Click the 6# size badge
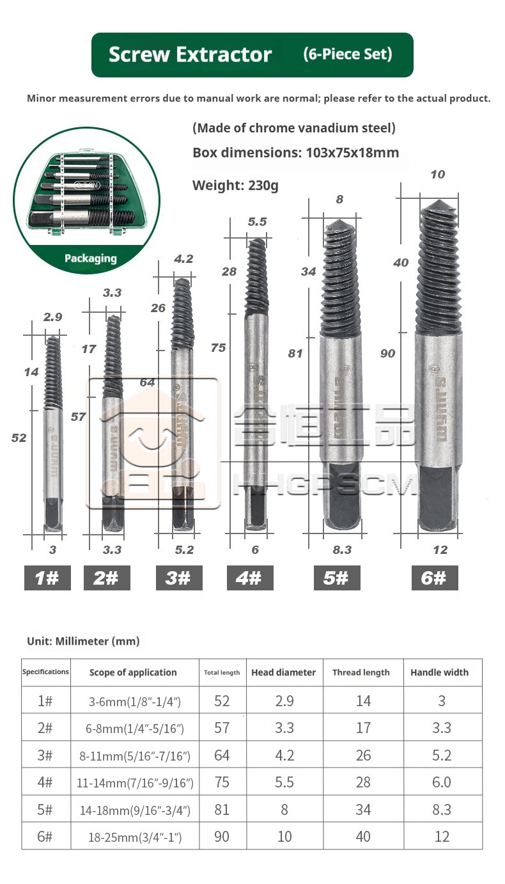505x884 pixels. pos(435,578)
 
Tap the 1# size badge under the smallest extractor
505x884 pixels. pos(47,578)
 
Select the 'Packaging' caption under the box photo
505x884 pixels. pos(91,258)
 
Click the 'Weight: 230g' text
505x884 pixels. pos(235,185)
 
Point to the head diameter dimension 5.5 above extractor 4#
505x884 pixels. pos(257,222)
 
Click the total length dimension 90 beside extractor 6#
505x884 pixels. pos(388,354)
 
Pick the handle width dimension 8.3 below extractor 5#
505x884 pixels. pos(342,549)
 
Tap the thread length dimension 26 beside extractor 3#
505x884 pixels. pos(158,308)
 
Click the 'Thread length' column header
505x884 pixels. pos(361,672)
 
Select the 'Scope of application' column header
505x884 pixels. pos(133,672)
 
